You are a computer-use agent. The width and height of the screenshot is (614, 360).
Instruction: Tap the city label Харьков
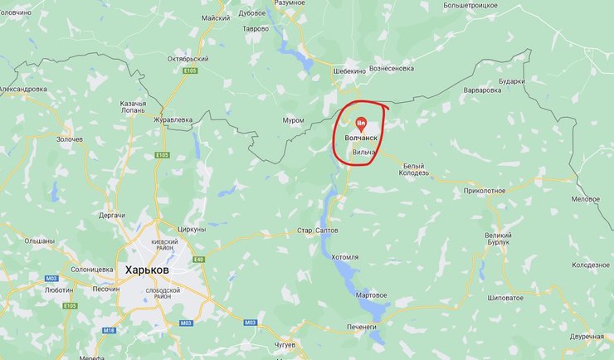point(147,270)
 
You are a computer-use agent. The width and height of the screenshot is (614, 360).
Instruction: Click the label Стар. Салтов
point(316,230)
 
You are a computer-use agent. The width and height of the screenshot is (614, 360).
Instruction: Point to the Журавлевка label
point(173,119)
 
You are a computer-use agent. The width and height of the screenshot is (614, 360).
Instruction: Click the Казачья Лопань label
point(133,107)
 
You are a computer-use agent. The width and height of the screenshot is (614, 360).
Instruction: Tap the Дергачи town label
point(111,215)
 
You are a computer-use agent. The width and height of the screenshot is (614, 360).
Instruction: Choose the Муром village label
point(293,120)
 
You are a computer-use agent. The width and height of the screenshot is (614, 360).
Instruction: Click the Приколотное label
point(485,190)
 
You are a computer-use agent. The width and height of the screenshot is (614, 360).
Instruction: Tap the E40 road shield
point(198,259)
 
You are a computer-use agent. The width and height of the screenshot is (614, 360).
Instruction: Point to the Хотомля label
point(344,258)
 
